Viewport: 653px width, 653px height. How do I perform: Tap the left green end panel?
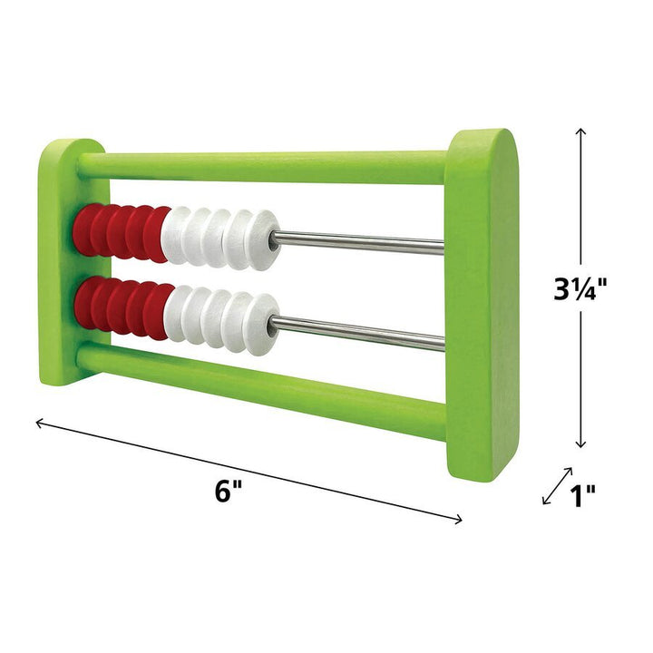tap(63, 254)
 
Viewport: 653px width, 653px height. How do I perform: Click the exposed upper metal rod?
tap(363, 241)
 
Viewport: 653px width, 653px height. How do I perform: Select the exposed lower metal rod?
tap(363, 330)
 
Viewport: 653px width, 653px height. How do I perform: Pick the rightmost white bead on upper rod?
tap(264, 241)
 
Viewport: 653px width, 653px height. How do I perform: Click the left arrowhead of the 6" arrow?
tap(38, 421)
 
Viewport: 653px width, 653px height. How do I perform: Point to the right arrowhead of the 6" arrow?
tap(460, 520)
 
